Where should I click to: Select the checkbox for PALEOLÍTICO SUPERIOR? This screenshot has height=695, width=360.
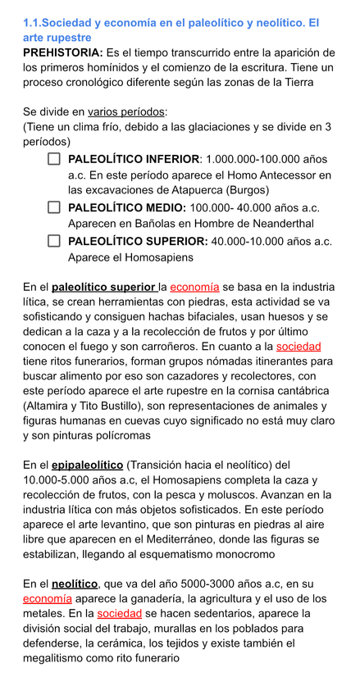[54, 241]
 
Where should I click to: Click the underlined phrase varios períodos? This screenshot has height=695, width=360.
[126, 111]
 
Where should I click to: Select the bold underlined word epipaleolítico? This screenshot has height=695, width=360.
[87, 465]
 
